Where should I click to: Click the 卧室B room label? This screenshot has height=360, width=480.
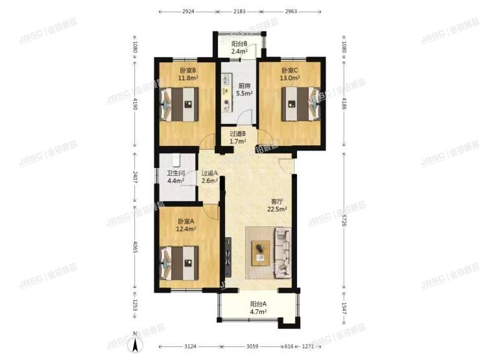(x=188, y=70)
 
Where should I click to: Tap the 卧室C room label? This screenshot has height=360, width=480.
(x=290, y=70)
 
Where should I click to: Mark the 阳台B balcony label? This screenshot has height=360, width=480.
(x=241, y=45)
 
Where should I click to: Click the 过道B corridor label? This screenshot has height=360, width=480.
(x=238, y=134)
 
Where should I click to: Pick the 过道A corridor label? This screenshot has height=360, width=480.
(x=210, y=173)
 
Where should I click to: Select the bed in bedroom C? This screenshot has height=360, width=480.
(x=300, y=103)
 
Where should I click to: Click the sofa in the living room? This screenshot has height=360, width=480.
(x=283, y=252)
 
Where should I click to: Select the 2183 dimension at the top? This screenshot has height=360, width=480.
(x=239, y=12)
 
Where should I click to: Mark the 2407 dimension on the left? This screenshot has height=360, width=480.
(x=135, y=177)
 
